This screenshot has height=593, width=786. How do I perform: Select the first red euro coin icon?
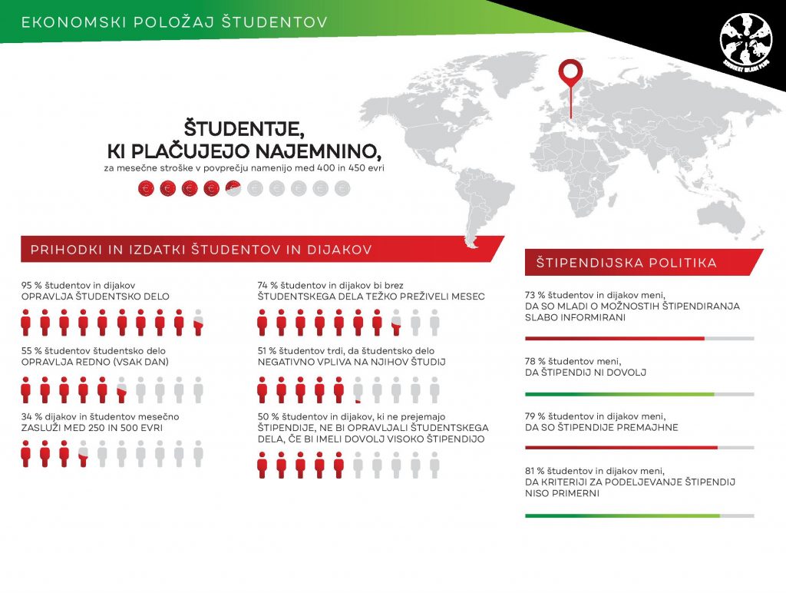coord(147,187)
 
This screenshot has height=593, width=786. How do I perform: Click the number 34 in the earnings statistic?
coord(27,416)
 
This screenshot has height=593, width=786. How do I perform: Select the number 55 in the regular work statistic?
coord(27,351)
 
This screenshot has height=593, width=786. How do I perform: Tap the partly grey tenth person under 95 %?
coord(198,323)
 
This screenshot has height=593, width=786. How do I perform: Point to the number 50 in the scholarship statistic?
coord(263,416)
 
